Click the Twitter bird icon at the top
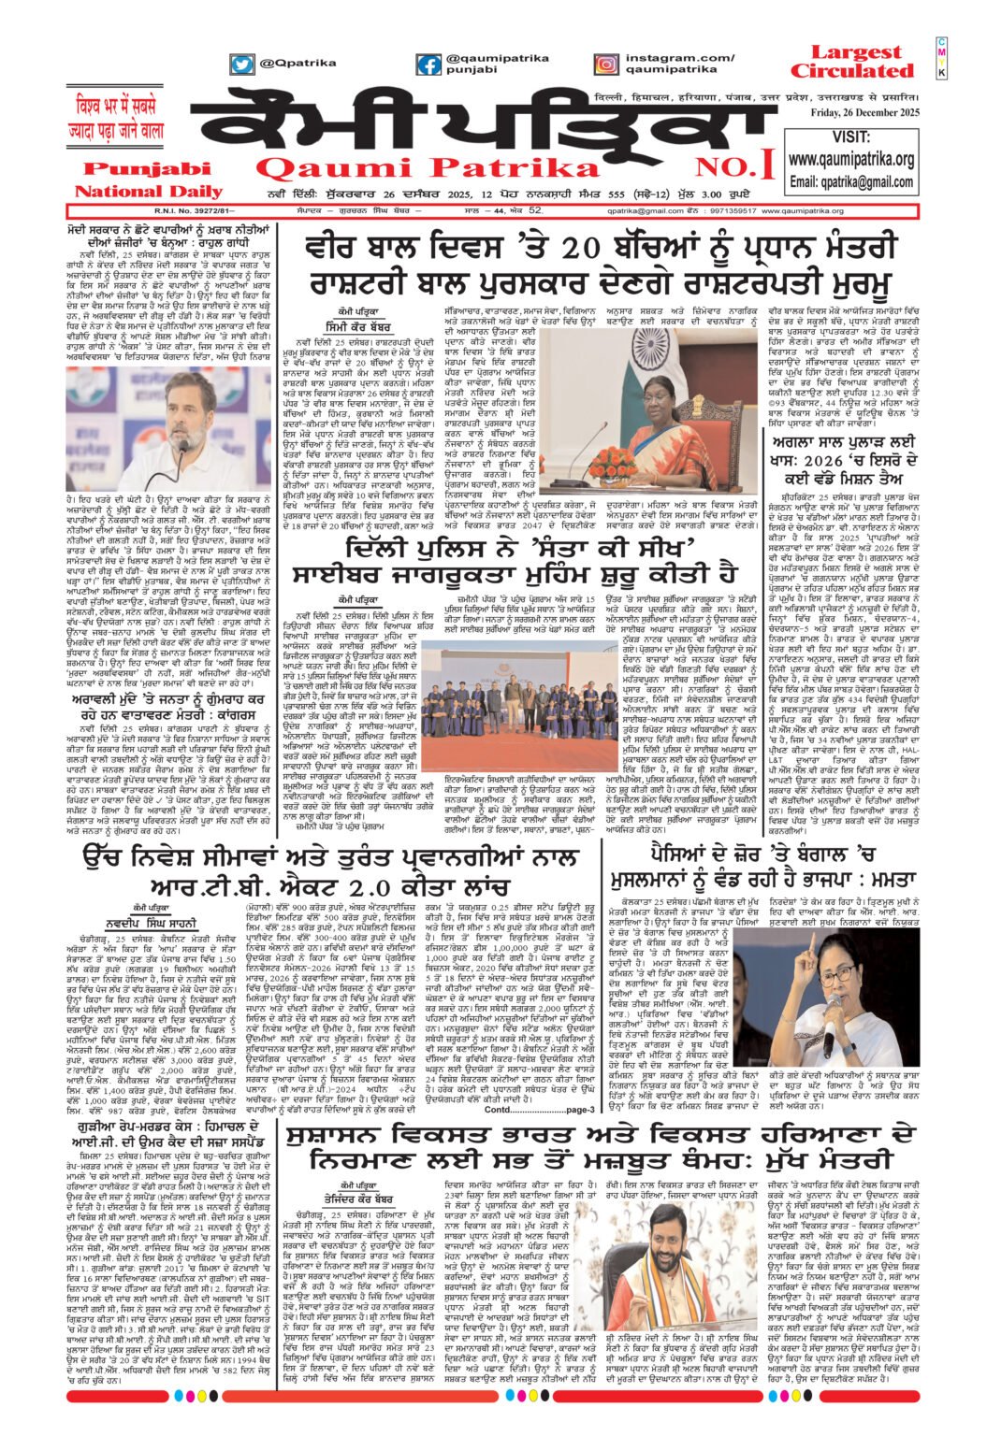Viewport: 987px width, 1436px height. click(242, 65)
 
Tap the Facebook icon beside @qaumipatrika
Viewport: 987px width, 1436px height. click(428, 65)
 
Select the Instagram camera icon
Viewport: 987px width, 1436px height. click(606, 65)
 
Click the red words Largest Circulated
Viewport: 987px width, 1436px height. click(851, 62)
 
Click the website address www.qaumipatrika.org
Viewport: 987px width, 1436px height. click(851, 159)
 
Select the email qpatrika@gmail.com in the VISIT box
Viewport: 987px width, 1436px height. click(851, 181)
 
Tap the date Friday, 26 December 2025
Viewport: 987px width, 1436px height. click(868, 113)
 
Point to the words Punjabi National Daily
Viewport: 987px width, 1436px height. click(143, 179)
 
